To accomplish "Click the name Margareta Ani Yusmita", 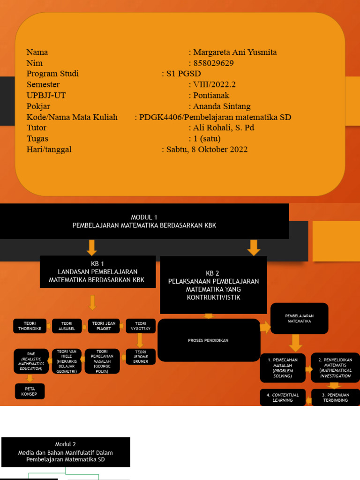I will tap(237, 52).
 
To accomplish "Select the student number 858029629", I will tap(213, 63).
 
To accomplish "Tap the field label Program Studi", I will tap(52, 74).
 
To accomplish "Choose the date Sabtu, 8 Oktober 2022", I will tap(207, 150).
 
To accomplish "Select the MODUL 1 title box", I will tap(144, 221).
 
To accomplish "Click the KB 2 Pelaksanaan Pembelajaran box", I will tap(213, 285).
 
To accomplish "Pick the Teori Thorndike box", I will tap(30, 326).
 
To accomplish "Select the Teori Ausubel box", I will tap(66, 326).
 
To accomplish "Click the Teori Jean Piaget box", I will tap(104, 326).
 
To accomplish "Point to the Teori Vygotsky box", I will tap(141, 326).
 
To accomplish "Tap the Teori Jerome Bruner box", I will tap(141, 356).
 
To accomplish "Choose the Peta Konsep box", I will tap(29, 391).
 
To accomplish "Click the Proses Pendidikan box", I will tap(208, 340).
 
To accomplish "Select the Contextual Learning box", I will tap(283, 397).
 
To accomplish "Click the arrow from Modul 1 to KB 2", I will tap(254, 247).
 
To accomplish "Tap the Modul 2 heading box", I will tap(66, 452).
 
